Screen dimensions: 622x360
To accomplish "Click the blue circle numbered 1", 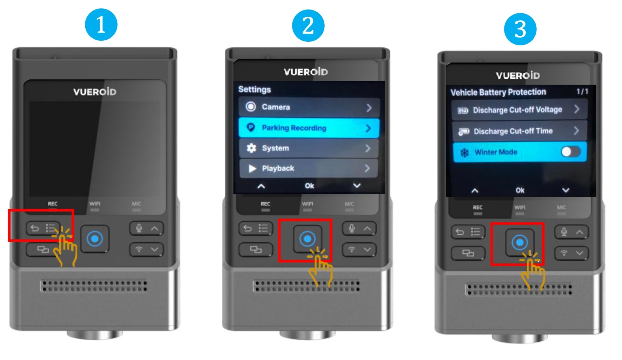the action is pos(101,25).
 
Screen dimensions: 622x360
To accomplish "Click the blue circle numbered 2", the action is pos(308,25).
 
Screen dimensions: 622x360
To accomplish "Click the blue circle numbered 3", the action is pos(520,29).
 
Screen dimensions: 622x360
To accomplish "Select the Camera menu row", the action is pos(309,107).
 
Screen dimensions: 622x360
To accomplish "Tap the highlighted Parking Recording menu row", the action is pos(309,128).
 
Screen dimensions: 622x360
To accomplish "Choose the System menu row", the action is pos(309,148).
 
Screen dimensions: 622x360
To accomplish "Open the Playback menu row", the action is pos(309,168).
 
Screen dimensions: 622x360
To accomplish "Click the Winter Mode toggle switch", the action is pos(570,152).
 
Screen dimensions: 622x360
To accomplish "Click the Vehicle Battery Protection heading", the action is pos(498,92).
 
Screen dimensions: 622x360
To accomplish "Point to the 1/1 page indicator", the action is pos(582,91).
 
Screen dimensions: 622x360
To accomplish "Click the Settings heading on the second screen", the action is pos(254,89).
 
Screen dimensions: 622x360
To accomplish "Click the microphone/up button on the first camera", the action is pos(146,229).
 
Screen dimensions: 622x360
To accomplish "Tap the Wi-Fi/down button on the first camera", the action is pos(146,249).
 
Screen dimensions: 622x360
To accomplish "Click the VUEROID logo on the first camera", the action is pos(95,92).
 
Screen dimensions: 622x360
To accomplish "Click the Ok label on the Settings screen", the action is pos(309,186).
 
